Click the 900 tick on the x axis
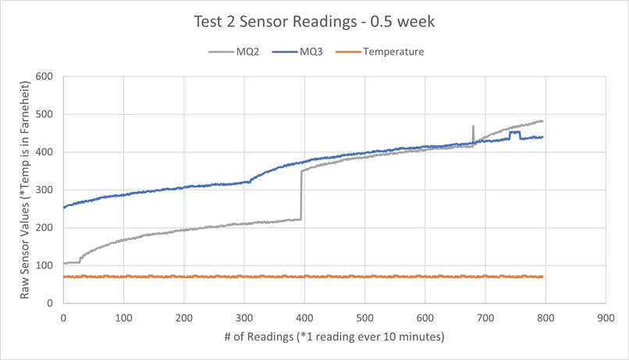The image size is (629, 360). point(606,319)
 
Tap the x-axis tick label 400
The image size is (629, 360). point(304,319)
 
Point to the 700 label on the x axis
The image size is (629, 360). point(485,319)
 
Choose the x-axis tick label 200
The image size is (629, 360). point(183,319)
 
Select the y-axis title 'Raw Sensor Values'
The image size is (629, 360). point(25,189)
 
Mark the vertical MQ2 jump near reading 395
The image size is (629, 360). point(301,195)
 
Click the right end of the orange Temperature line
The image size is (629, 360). point(542,276)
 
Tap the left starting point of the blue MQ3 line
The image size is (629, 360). point(64,207)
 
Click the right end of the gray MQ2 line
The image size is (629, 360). point(542,121)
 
